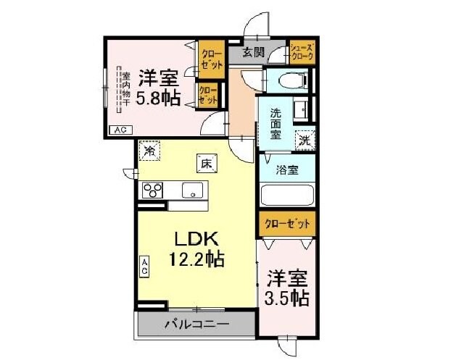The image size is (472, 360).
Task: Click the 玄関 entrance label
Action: [252, 52]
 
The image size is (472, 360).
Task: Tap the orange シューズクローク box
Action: [300, 52]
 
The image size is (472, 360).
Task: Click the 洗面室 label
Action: [277, 123]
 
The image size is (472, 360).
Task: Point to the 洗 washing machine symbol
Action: [305, 138]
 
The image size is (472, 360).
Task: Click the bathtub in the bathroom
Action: [286, 196]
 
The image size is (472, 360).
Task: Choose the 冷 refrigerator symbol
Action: [150, 151]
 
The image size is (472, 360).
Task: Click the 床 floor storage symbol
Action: [205, 164]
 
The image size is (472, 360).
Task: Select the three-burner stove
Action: [153, 191]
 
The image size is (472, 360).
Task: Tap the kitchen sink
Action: [193, 191]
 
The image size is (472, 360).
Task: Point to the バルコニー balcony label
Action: [196, 324]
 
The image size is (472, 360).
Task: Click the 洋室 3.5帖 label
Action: [288, 288]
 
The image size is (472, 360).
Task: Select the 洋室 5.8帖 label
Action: [159, 87]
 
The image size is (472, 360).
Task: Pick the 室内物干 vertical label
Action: [125, 88]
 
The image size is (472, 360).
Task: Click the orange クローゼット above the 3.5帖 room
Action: [286, 223]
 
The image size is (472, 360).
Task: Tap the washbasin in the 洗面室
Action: [301, 110]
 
